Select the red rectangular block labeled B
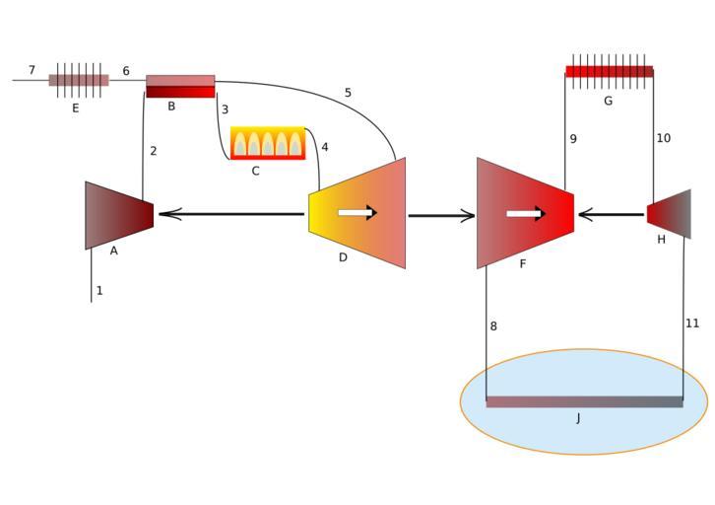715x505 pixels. (180, 87)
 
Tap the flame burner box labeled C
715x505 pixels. (267, 143)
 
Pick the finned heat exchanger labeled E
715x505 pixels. (79, 80)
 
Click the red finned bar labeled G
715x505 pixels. (609, 71)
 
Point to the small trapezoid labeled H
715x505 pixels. (671, 214)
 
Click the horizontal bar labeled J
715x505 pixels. (584, 401)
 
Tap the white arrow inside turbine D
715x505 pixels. (357, 212)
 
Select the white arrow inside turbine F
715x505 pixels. (526, 213)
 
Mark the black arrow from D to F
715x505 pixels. (441, 215)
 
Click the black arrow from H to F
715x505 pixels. (611, 213)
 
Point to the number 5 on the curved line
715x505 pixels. (348, 93)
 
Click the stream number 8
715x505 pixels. (493, 325)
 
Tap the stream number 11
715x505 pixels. (692, 323)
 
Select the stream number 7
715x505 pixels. (32, 70)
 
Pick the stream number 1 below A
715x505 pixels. (99, 291)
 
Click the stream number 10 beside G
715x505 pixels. (663, 138)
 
